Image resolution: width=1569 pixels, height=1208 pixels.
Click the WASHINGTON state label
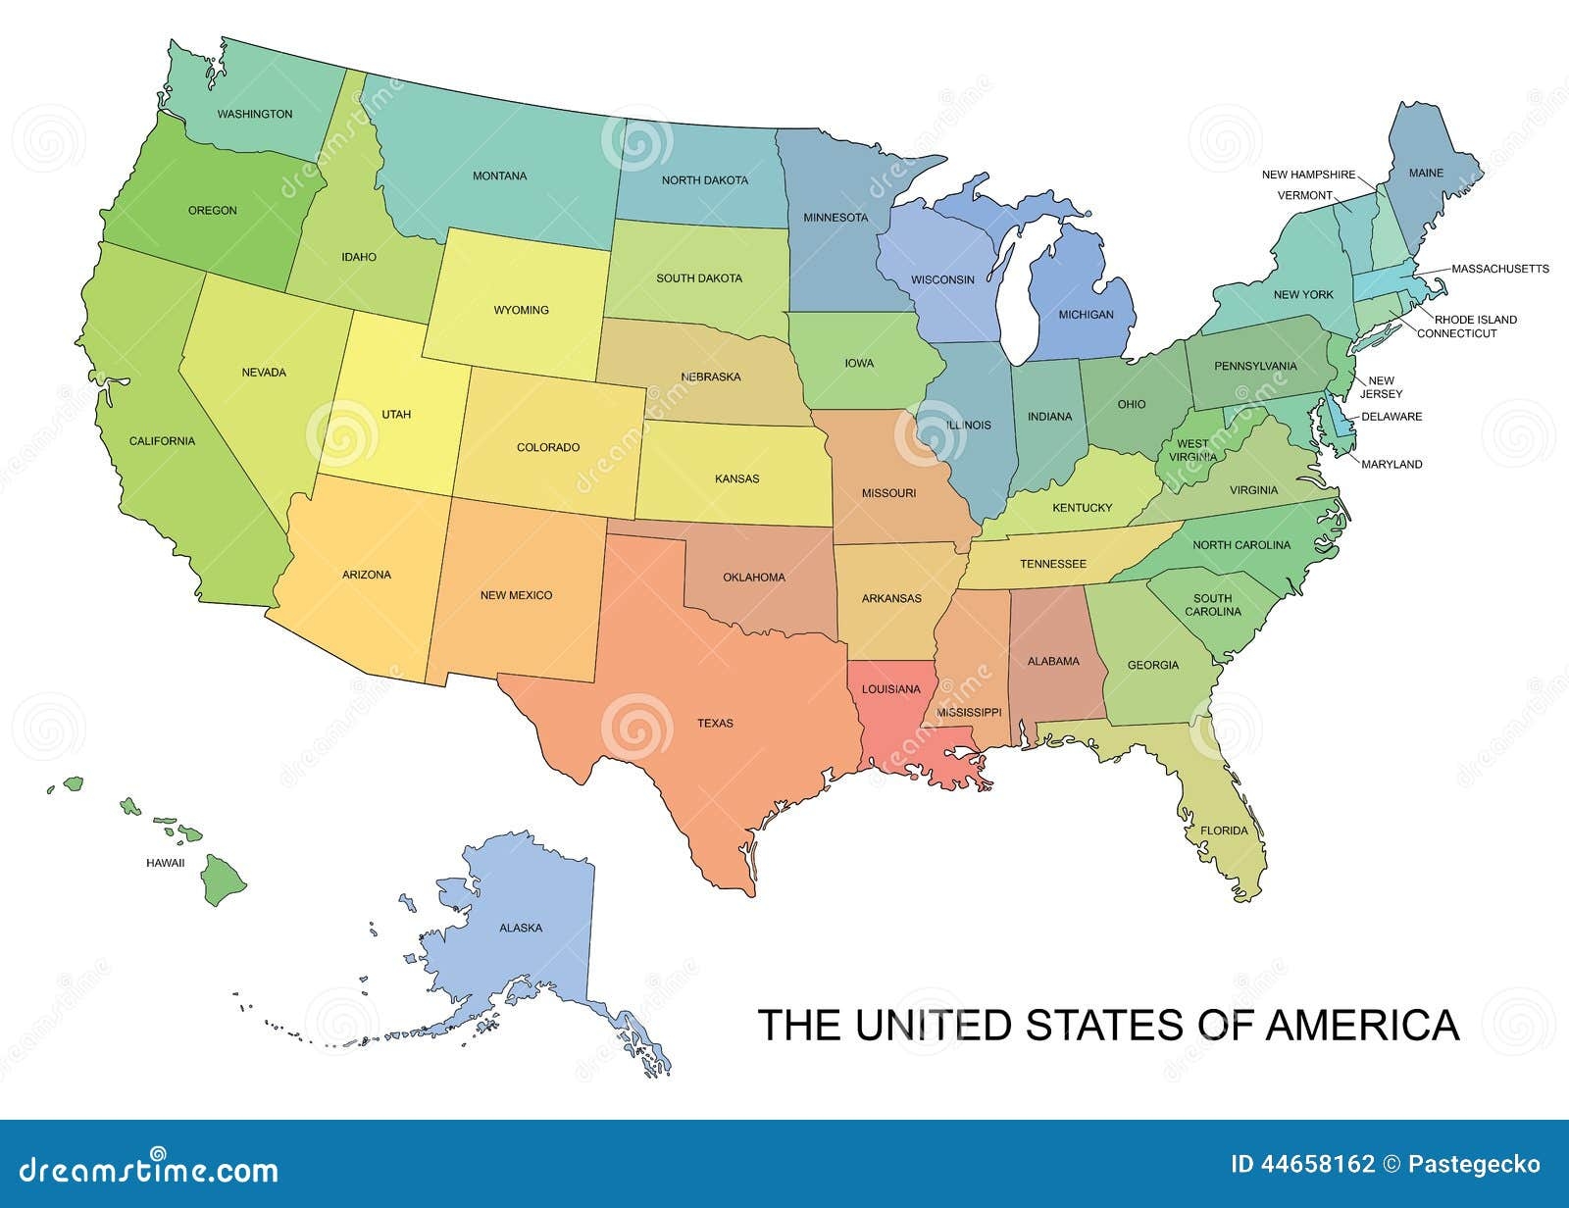(255, 114)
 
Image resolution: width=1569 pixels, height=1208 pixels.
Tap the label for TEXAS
(715, 724)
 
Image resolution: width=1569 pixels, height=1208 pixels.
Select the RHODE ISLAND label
(1475, 320)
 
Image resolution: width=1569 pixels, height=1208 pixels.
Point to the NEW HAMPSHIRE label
(1308, 175)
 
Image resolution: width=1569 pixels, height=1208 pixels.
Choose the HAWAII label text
(165, 863)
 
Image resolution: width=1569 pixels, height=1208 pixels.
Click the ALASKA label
(521, 928)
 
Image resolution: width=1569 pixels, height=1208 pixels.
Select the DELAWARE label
(1391, 417)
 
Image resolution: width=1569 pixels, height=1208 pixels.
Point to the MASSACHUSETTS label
(1499, 269)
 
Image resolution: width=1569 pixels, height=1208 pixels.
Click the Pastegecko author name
(1476, 1164)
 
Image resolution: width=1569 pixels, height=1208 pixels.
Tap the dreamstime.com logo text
(142, 1169)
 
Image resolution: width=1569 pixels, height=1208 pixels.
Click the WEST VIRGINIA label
(1192, 450)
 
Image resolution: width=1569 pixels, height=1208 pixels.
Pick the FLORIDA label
(1224, 830)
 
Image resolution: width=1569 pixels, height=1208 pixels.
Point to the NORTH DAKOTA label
(704, 180)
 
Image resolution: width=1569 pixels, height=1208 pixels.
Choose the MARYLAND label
(1392, 465)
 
